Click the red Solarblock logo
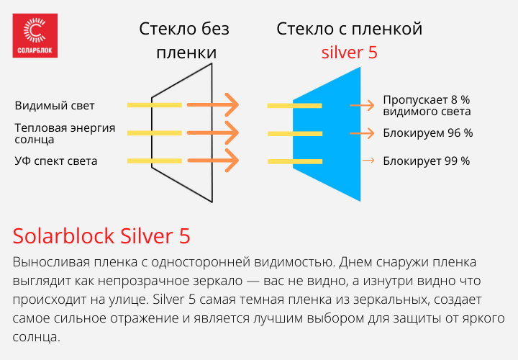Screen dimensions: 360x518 coord(36,35)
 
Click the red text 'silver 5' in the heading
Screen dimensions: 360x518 coord(349,53)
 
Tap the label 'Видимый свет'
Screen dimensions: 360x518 coord(55,106)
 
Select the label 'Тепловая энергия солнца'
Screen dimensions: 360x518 coord(65,133)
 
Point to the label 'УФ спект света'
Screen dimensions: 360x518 coord(56,161)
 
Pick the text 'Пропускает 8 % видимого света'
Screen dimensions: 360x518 coord(427,105)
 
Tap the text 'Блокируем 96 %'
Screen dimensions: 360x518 coord(427,133)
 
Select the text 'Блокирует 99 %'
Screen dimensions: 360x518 coord(426,161)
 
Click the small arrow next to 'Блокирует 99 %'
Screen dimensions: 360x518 coord(368,161)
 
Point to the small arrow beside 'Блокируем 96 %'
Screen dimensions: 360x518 coord(363,133)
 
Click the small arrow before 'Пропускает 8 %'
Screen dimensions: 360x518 coord(363,106)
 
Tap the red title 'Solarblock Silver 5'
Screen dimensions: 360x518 coord(101,236)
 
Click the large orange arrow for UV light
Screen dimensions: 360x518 coord(212,161)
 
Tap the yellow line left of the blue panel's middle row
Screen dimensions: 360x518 coord(294,134)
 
